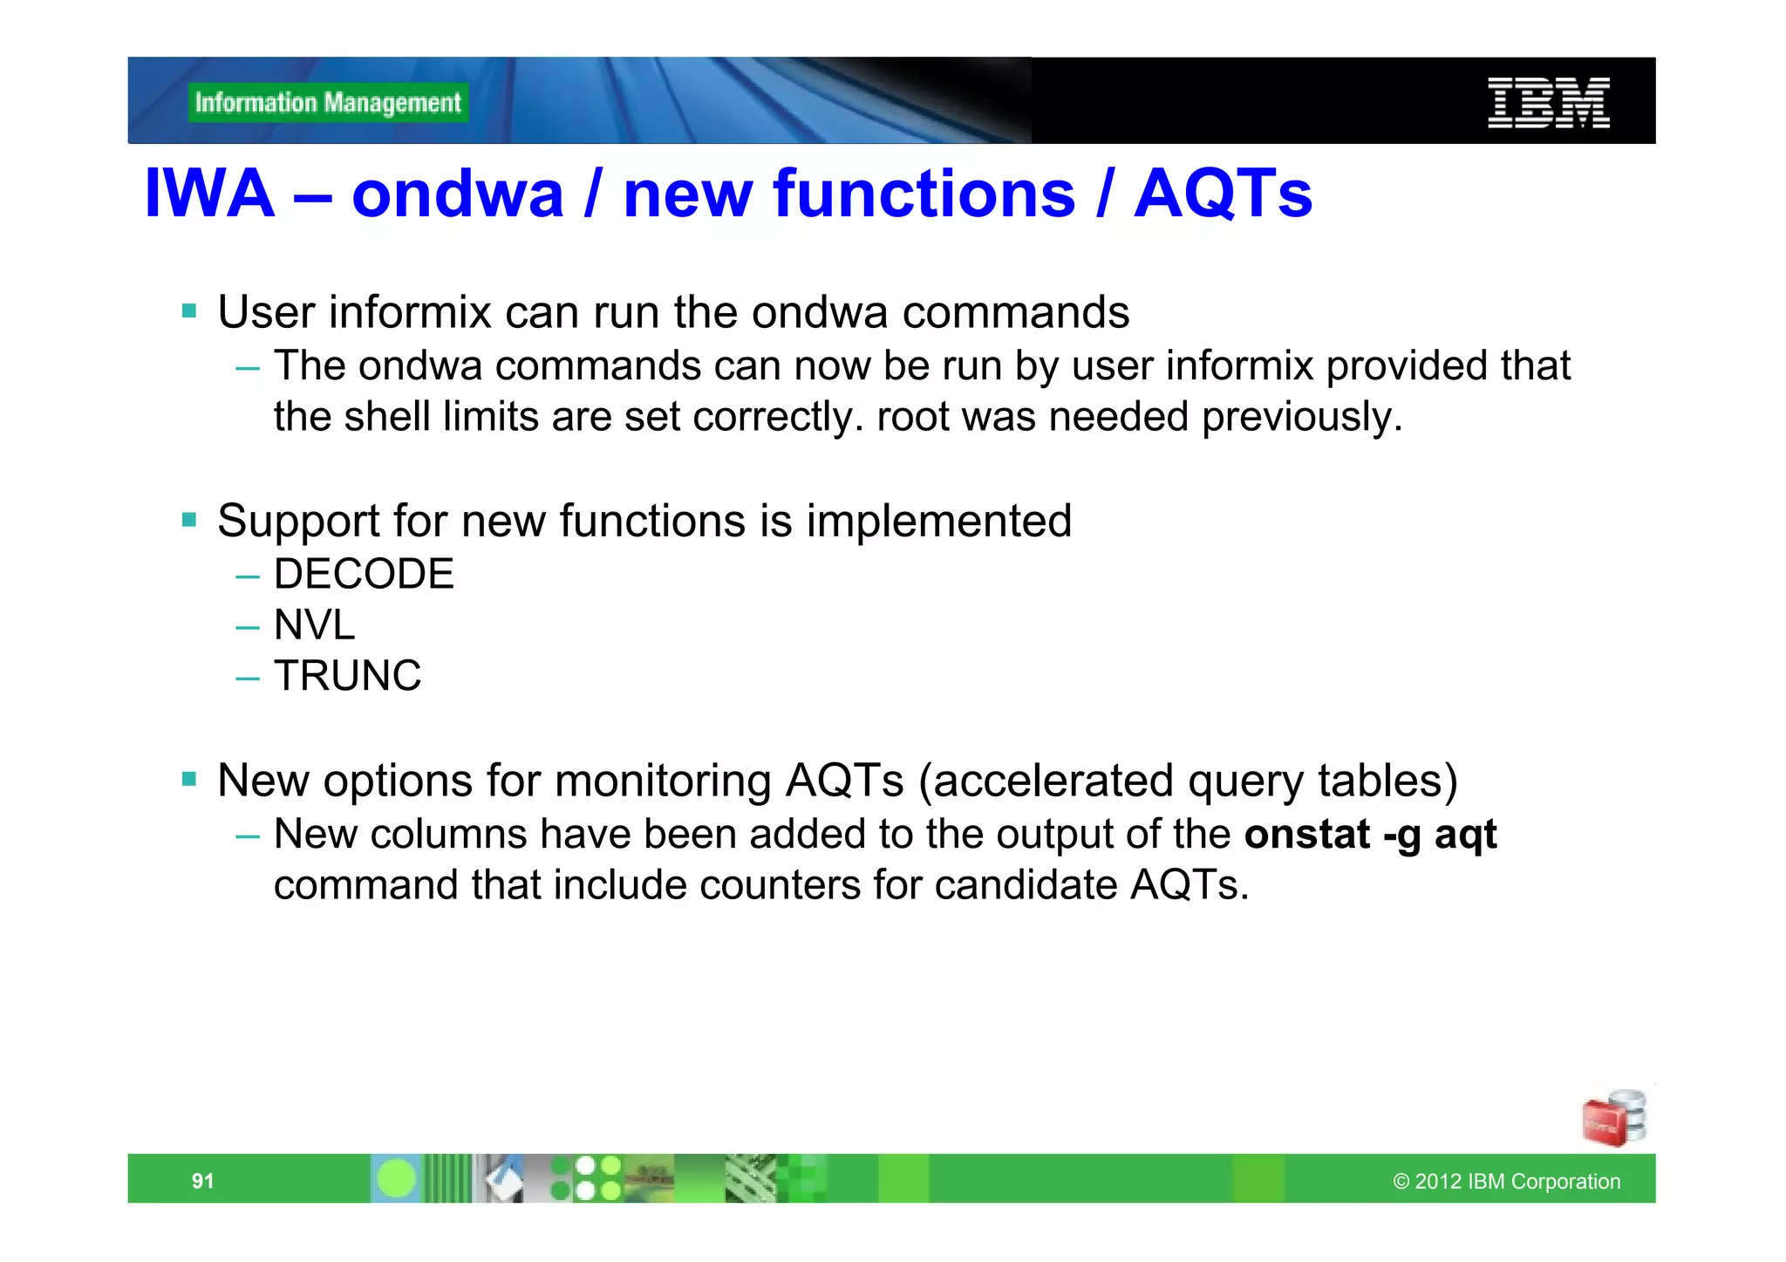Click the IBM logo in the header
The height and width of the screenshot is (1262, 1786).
point(1548,103)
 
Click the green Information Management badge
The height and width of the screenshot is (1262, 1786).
point(328,103)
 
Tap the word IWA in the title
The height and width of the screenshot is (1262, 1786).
point(209,194)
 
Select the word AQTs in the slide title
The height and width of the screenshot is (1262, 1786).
point(1223,194)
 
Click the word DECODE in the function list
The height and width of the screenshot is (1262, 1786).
point(364,575)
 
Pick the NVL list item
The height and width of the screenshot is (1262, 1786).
point(314,625)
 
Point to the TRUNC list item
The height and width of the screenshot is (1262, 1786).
point(347,676)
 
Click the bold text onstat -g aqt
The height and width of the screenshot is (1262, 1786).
point(1370,835)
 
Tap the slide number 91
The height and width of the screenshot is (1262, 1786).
point(202,1181)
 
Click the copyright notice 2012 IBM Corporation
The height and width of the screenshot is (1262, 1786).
point(1507,1182)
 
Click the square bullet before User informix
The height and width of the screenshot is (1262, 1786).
point(189,310)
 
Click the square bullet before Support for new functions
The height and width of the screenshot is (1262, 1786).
point(189,520)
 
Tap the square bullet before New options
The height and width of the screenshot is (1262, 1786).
point(189,779)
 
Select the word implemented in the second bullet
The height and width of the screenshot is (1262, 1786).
point(938,522)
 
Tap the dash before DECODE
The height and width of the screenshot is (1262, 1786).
point(248,576)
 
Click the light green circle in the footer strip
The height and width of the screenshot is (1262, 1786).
point(397,1179)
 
